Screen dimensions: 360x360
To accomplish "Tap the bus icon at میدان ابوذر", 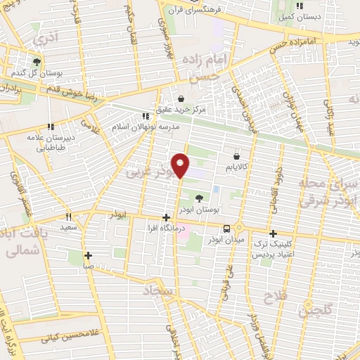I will pyautogui.click(x=226, y=229).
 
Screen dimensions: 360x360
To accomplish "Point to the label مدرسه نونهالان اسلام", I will pyautogui.click(x=146, y=127).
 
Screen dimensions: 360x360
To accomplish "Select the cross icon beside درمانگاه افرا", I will pyautogui.click(x=166, y=218).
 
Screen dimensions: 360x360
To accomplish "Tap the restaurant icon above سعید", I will pyautogui.click(x=68, y=217).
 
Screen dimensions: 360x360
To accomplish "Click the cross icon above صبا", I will pyautogui.click(x=88, y=256).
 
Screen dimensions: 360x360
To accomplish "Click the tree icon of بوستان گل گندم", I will pyautogui.click(x=37, y=61).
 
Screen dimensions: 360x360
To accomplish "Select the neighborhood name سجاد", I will pyautogui.click(x=159, y=290).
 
